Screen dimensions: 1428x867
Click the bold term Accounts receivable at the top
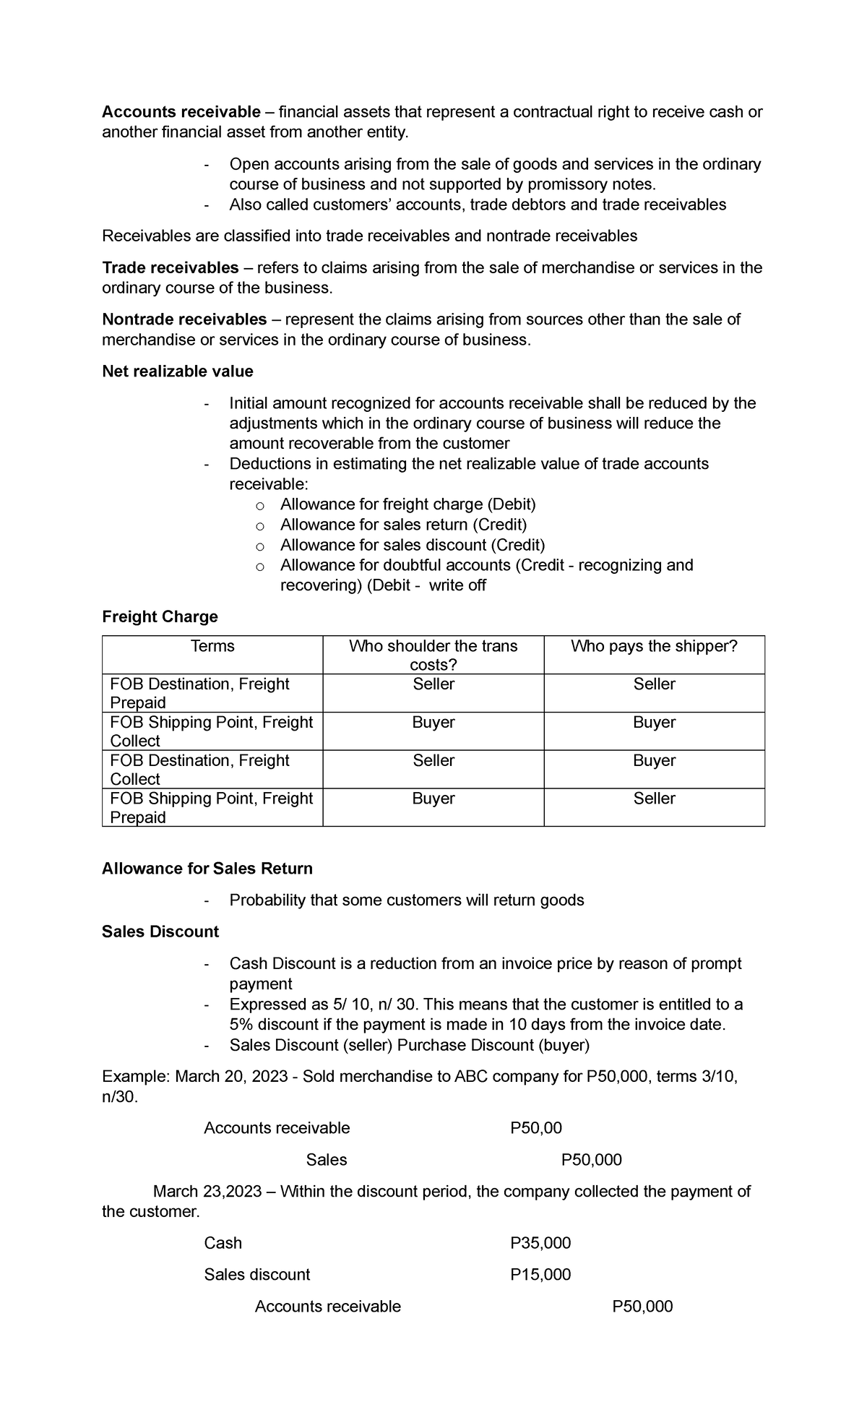(x=181, y=112)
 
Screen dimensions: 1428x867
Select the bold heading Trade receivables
(x=171, y=268)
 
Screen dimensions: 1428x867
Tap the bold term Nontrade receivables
(x=184, y=319)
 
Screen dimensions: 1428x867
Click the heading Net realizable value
(x=178, y=371)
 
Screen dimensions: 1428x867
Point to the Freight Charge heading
(x=160, y=616)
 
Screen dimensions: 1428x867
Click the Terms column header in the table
(x=212, y=646)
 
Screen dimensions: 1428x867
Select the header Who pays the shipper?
(x=654, y=646)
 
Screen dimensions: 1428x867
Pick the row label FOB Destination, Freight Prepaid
(x=199, y=692)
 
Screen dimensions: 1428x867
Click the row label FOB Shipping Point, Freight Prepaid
(x=211, y=807)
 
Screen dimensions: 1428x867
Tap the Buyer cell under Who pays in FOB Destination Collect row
(x=654, y=760)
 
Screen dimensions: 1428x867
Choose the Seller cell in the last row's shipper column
(x=654, y=799)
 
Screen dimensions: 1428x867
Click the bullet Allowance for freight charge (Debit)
(x=407, y=504)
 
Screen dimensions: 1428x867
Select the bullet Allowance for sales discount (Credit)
(x=412, y=545)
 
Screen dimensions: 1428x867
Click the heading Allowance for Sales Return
(x=207, y=869)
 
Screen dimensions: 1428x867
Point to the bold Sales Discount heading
(x=160, y=932)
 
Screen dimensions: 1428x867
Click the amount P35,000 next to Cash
(x=540, y=1243)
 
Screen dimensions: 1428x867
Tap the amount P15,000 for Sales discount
(x=540, y=1275)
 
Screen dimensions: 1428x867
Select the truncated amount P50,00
(x=535, y=1128)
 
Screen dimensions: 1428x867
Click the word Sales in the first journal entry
(x=326, y=1160)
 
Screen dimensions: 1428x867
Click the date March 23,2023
(x=207, y=1192)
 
